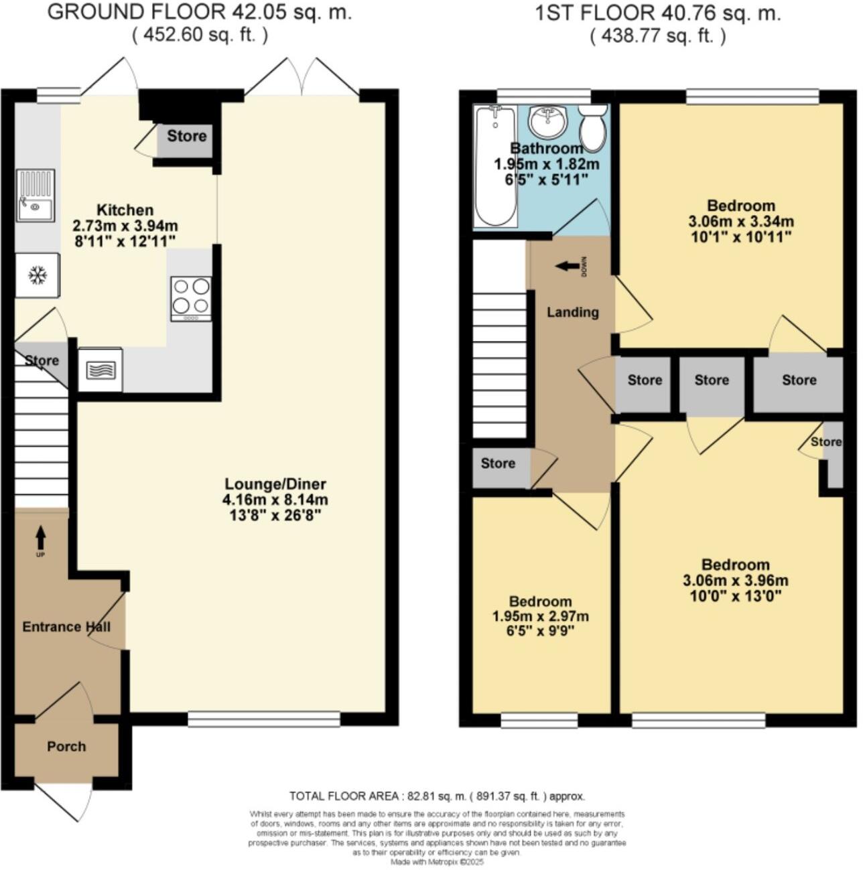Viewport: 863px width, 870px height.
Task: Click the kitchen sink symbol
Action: (35, 196)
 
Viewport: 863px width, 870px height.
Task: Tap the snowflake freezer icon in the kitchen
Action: (38, 275)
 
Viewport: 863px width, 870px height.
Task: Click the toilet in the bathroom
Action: (592, 129)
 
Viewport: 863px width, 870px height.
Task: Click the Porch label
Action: (66, 746)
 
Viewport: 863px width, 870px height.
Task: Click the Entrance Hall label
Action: (66, 627)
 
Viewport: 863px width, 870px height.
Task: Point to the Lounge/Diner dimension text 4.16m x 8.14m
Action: (275, 500)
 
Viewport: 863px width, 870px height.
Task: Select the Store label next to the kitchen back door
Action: (186, 137)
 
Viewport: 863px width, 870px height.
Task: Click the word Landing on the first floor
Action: (572, 312)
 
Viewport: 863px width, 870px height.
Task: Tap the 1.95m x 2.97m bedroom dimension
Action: (540, 616)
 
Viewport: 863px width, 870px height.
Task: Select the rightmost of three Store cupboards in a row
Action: (799, 380)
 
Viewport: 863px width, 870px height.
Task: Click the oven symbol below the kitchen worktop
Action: (101, 369)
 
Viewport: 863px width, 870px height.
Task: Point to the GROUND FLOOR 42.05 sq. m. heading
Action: (200, 12)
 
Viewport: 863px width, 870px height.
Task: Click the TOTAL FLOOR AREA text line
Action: (437, 796)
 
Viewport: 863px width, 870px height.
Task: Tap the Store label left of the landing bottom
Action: (498, 463)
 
